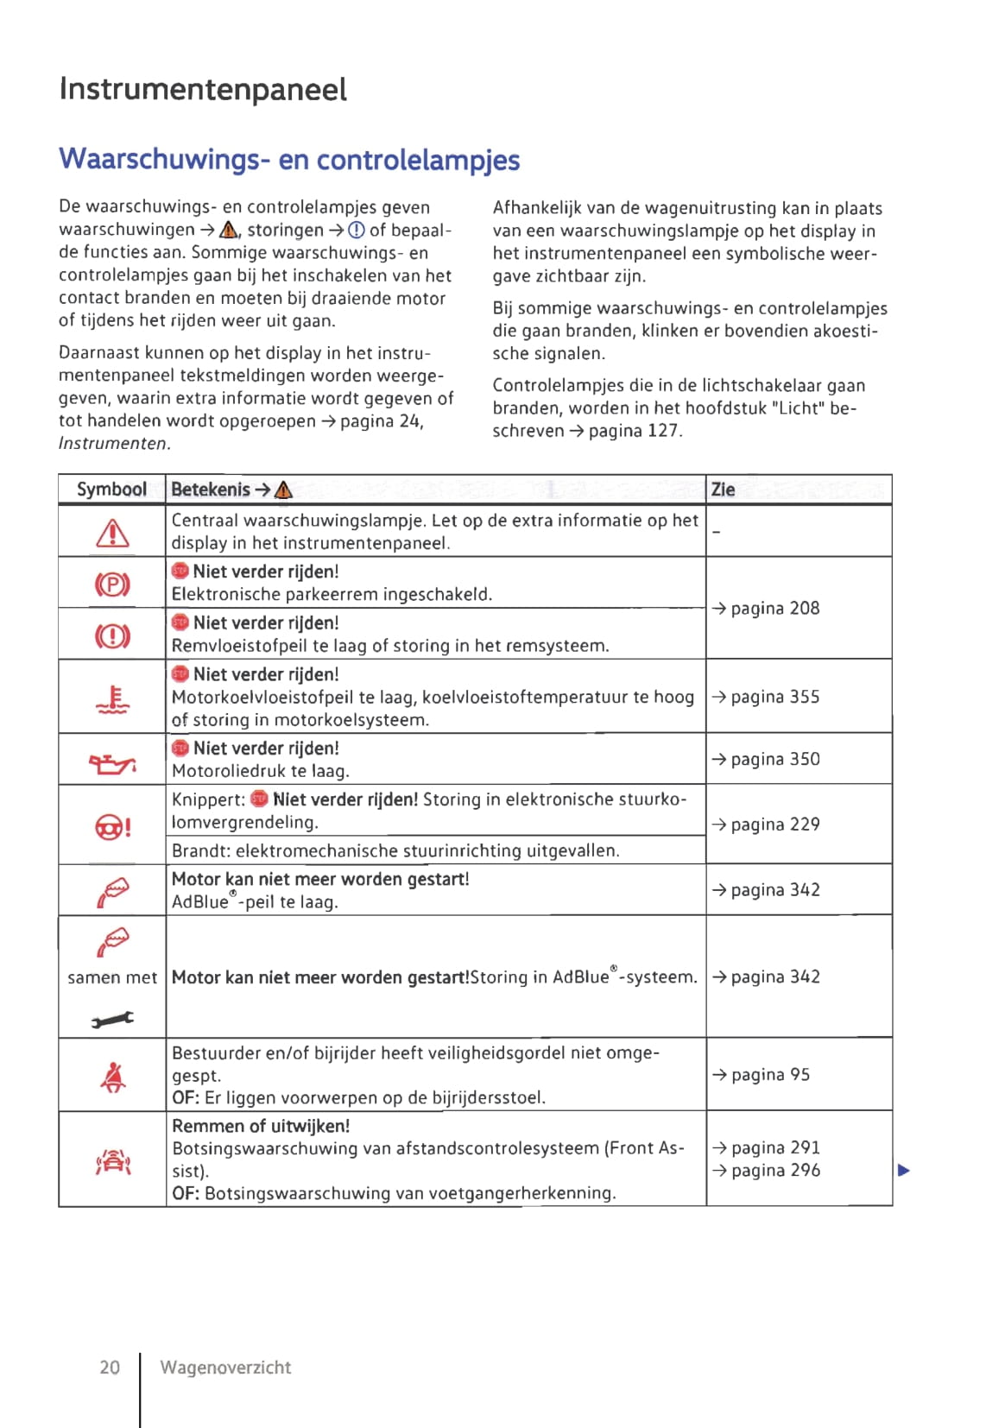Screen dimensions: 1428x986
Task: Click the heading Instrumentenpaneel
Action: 203,90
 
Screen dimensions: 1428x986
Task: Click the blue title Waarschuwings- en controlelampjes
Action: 289,160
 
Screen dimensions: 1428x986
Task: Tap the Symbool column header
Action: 111,490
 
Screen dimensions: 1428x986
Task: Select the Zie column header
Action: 723,490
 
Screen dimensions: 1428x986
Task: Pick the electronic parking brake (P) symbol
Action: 112,584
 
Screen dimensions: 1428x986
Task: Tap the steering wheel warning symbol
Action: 112,827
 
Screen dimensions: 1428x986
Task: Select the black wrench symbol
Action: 112,1020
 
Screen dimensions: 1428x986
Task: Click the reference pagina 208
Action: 766,609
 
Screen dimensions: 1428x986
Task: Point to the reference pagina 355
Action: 766,697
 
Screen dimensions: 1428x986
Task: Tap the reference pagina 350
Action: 766,760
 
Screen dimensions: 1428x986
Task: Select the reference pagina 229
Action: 766,825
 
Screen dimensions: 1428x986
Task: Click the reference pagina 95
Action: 761,1075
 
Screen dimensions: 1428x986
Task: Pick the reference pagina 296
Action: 766,1171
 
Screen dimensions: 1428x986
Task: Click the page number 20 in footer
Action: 110,1368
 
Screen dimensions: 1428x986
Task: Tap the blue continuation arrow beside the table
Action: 903,1171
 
